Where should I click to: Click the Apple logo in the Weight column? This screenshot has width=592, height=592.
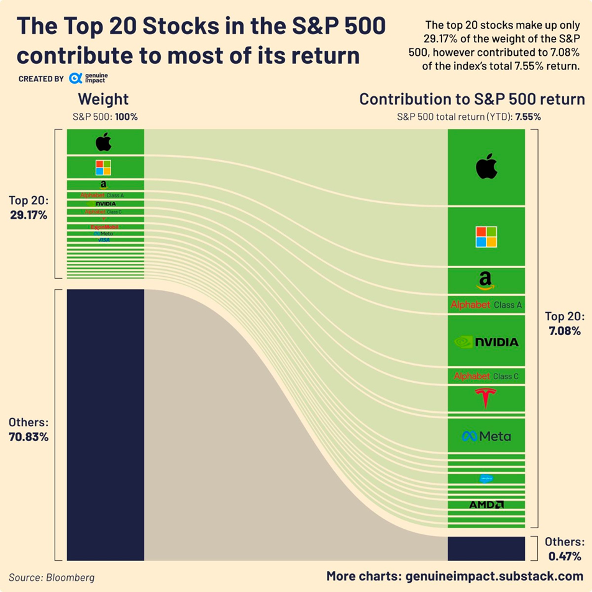(104, 143)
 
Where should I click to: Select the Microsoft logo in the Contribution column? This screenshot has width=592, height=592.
(486, 236)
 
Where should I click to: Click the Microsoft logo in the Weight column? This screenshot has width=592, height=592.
(103, 168)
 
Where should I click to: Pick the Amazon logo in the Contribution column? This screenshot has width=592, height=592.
(486, 281)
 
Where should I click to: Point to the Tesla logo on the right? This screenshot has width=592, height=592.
(486, 397)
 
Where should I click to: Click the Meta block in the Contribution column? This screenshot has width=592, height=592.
(486, 436)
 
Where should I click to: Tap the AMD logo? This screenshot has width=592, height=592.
(486, 505)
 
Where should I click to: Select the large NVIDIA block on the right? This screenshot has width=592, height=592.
(486, 341)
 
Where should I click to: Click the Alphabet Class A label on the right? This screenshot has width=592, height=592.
(486, 305)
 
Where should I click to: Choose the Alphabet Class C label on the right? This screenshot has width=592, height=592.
(486, 376)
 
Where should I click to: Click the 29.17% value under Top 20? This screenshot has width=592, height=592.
(28, 215)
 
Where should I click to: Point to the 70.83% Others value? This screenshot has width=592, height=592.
(29, 436)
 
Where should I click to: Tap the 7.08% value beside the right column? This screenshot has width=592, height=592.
(564, 331)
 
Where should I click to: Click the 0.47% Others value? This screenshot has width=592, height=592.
(565, 556)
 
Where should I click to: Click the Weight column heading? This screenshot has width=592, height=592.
(103, 99)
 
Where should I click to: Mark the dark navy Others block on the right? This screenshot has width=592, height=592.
(486, 549)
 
